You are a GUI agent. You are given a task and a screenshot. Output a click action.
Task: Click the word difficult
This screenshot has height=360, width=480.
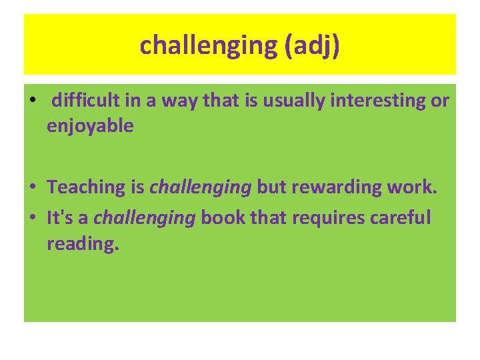point(86,101)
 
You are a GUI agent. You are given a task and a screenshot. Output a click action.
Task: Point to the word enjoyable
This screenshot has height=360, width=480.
point(90,126)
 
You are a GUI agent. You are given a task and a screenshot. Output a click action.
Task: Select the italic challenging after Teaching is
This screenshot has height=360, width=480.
point(201,187)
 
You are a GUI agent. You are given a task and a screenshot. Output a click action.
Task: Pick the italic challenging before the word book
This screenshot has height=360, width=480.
point(145,218)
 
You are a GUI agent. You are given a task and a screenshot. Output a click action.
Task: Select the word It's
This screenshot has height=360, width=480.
point(62,218)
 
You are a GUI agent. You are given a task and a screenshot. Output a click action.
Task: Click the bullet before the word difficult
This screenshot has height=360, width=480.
point(32,101)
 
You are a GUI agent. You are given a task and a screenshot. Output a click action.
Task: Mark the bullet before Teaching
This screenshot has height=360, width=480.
point(32,188)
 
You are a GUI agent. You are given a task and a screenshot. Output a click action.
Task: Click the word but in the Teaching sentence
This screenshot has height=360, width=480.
point(271,187)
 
